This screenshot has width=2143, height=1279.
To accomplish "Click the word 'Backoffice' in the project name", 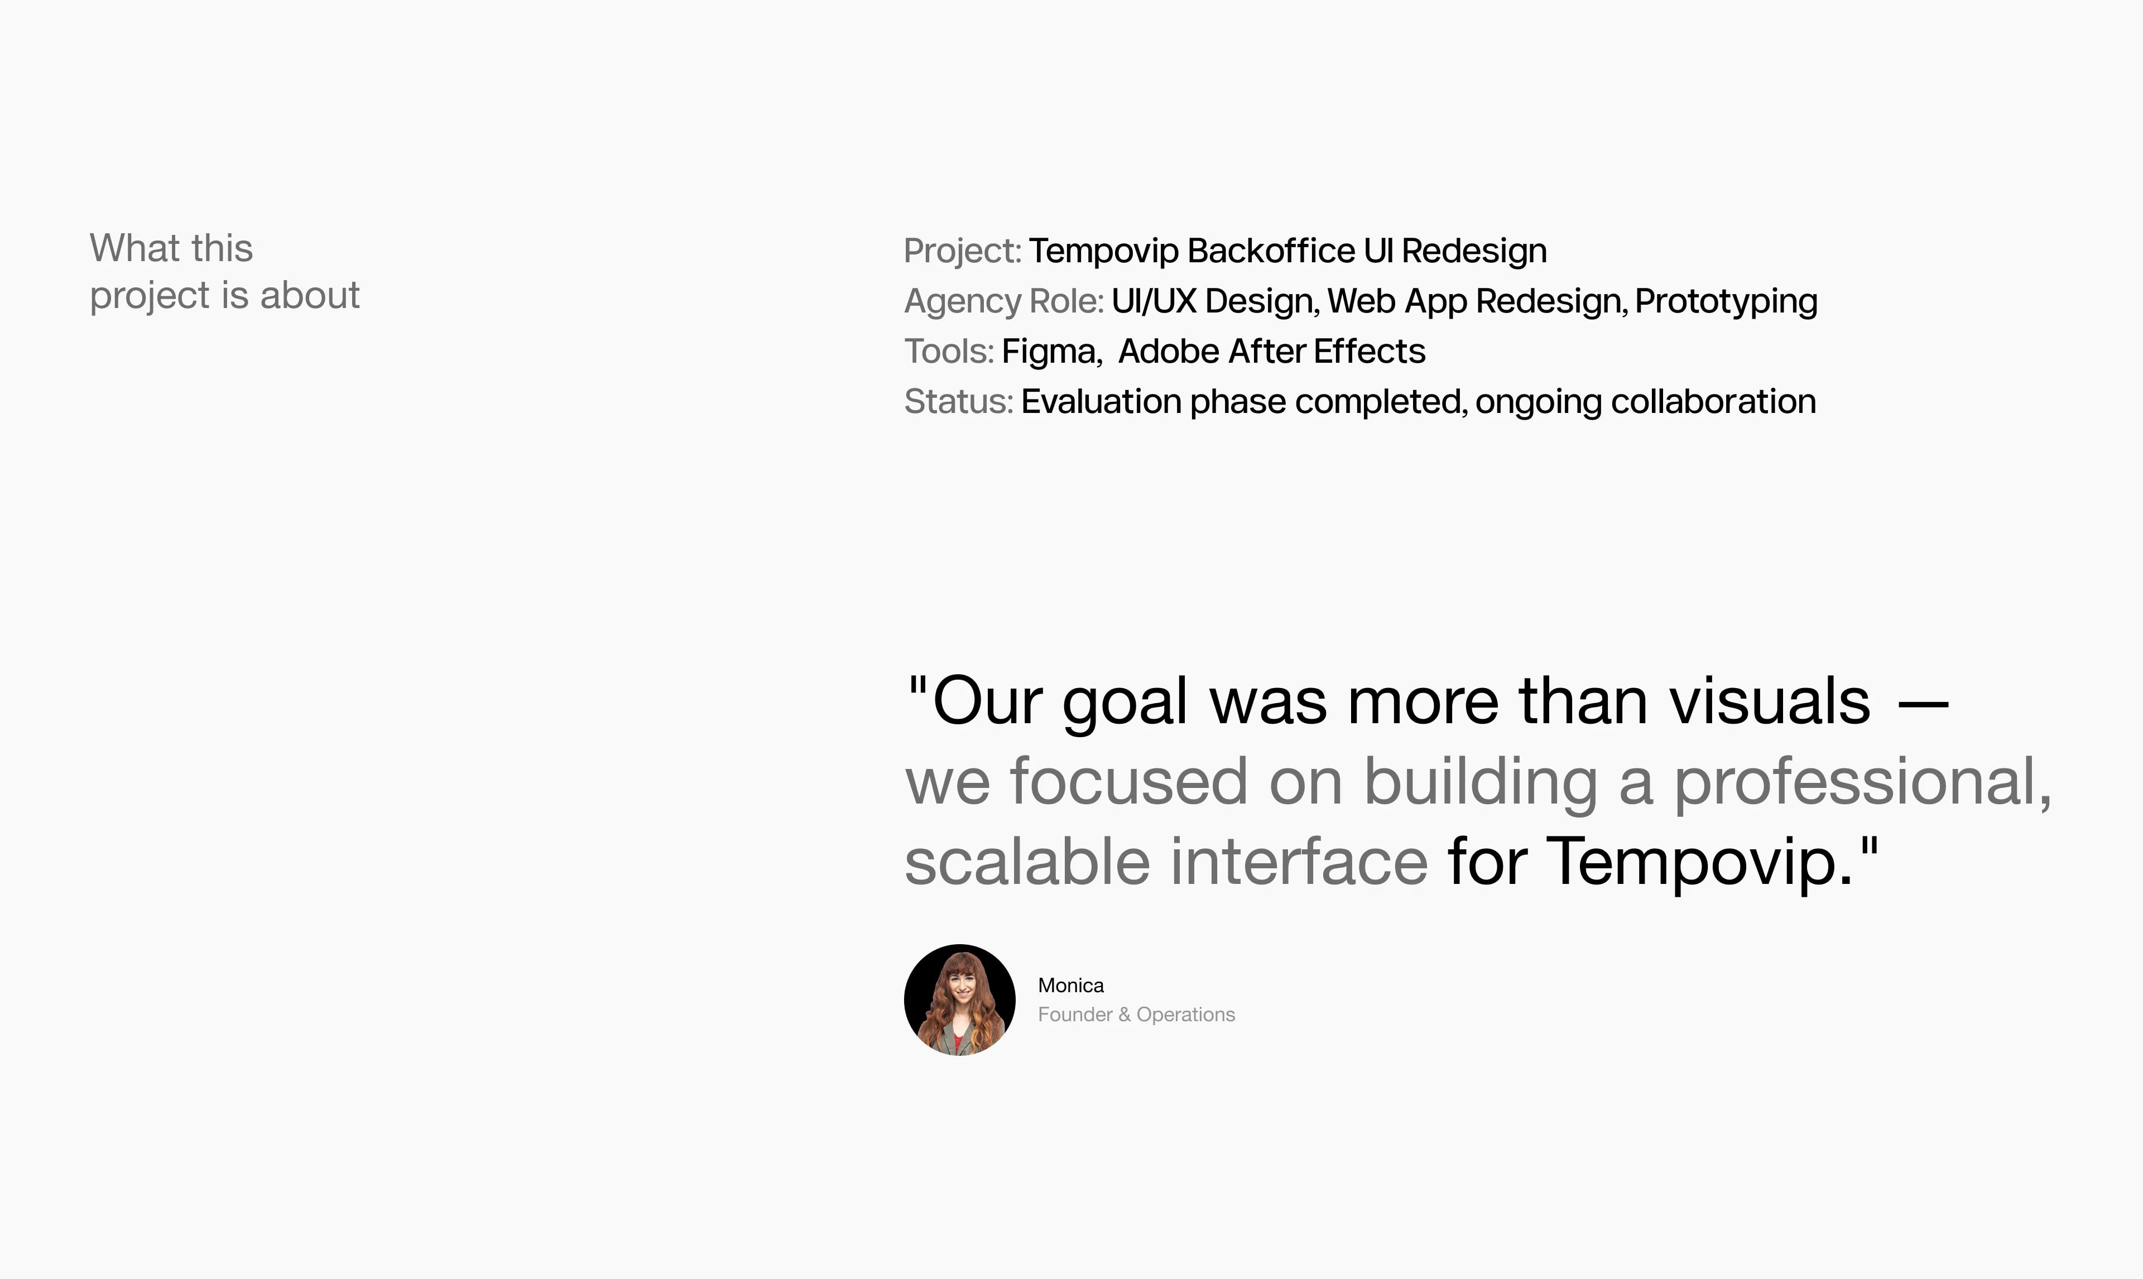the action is tap(1271, 251).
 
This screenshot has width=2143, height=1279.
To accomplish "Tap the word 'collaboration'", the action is tap(1713, 402).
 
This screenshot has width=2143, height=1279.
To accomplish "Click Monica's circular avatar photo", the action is tap(959, 1000).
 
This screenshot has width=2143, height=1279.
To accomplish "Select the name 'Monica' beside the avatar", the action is tap(1070, 985).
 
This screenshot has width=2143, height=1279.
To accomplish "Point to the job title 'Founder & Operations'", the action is tap(1136, 1014).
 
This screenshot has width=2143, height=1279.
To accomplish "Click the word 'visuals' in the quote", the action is tap(1770, 701).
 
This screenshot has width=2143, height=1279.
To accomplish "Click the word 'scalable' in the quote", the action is tap(1027, 862).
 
